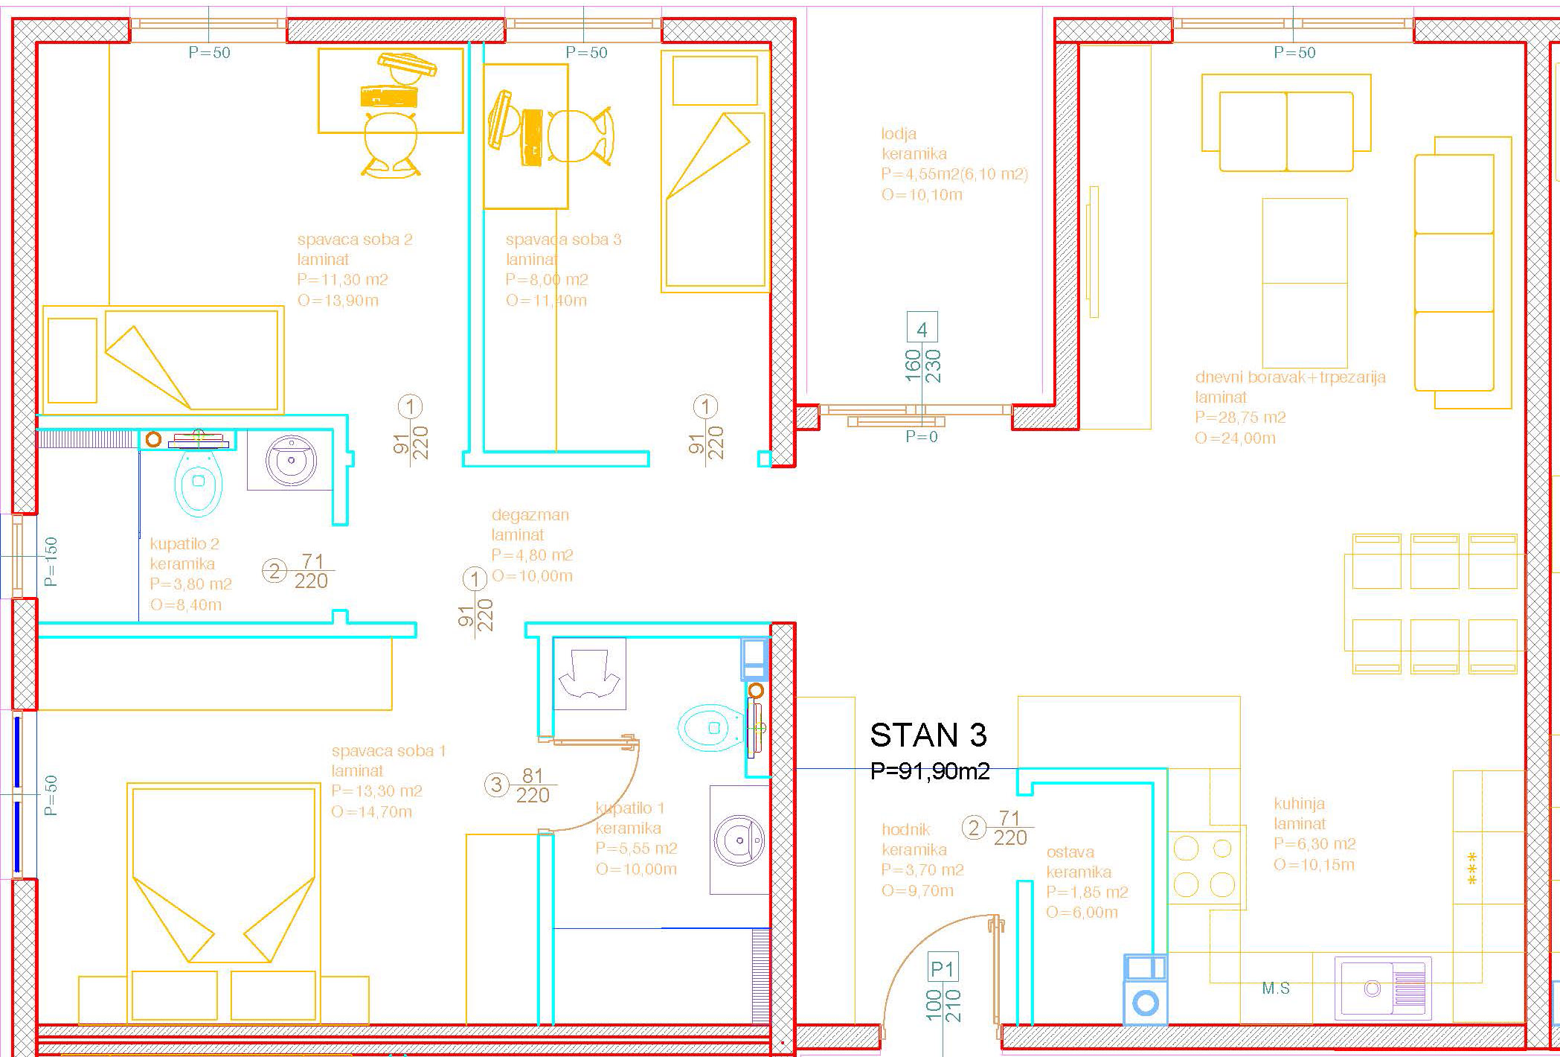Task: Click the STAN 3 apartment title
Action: click(x=928, y=735)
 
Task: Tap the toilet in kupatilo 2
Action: click(x=199, y=480)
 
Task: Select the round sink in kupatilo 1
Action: click(x=739, y=839)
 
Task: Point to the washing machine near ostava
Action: click(x=1145, y=989)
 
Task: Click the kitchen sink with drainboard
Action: click(x=1382, y=988)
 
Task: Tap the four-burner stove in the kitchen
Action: click(x=1204, y=867)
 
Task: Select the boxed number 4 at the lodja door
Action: click(x=922, y=328)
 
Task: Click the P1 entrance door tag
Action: click(x=943, y=968)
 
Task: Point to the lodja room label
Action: click(x=899, y=134)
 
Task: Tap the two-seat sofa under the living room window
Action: click(x=1286, y=123)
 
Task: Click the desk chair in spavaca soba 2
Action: click(x=391, y=146)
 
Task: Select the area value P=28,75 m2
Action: click(x=1240, y=417)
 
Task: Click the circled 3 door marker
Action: click(x=496, y=784)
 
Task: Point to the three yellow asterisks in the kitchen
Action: click(x=1471, y=868)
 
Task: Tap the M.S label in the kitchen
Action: click(x=1276, y=989)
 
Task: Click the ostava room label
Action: click(x=1070, y=852)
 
